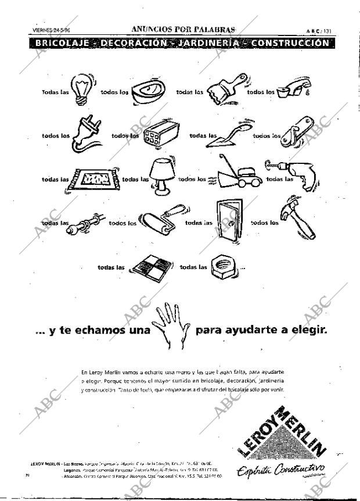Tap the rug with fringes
[93, 180]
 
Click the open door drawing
[229, 221]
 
